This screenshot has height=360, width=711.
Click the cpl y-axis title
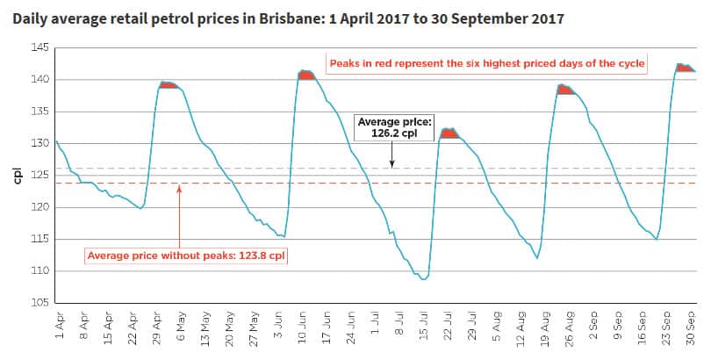(17, 175)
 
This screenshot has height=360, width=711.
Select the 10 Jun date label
(302, 327)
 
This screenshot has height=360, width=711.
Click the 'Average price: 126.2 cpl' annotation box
(392, 127)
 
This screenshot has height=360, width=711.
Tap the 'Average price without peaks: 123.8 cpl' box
(187, 256)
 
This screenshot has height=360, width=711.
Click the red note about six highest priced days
(486, 64)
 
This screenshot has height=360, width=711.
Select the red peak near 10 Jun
(305, 76)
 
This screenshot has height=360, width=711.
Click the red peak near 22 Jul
(449, 133)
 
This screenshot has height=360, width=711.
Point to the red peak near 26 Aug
(564, 90)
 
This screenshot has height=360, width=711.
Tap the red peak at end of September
(684, 68)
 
